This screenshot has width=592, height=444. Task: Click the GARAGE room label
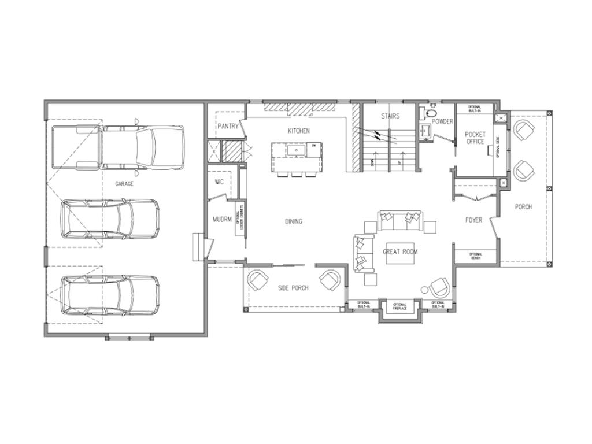coord(124,184)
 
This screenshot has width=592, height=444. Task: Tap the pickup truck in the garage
coord(119,148)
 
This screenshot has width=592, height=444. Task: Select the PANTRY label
coord(228,126)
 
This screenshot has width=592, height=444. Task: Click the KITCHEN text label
coord(298,131)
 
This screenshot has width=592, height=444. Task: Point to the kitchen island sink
coord(297,151)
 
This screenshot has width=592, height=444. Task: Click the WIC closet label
coord(219,182)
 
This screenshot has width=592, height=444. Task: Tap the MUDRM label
coord(221,220)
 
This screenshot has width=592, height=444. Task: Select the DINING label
coord(294,221)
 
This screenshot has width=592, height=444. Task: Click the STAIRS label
coord(390,116)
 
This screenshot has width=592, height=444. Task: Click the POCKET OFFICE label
coord(475,138)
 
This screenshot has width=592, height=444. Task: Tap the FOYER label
coord(473,220)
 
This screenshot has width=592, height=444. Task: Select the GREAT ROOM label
coord(400,251)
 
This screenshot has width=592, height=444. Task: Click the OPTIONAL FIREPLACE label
coord(399,307)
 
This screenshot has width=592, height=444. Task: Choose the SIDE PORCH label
coord(293,288)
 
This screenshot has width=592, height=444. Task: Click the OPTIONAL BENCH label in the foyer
coord(476,256)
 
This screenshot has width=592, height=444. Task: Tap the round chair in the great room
coord(438,287)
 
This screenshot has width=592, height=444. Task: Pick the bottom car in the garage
coord(110,295)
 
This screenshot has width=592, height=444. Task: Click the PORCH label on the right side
coord(523,207)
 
